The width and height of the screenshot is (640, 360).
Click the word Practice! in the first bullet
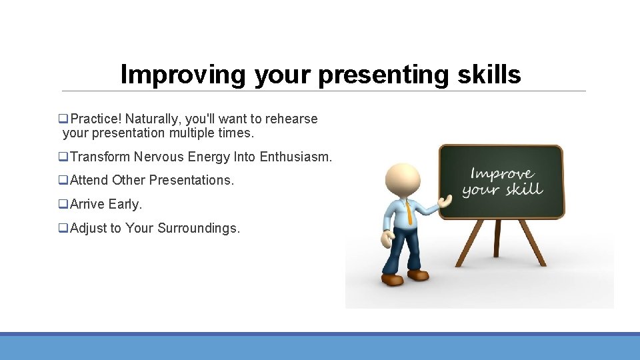coord(96,119)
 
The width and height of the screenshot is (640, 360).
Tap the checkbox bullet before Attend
coord(63,180)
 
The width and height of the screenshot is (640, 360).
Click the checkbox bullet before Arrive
coord(63,204)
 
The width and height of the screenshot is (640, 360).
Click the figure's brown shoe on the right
coord(417,274)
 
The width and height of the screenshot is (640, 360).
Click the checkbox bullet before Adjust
coord(63,228)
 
